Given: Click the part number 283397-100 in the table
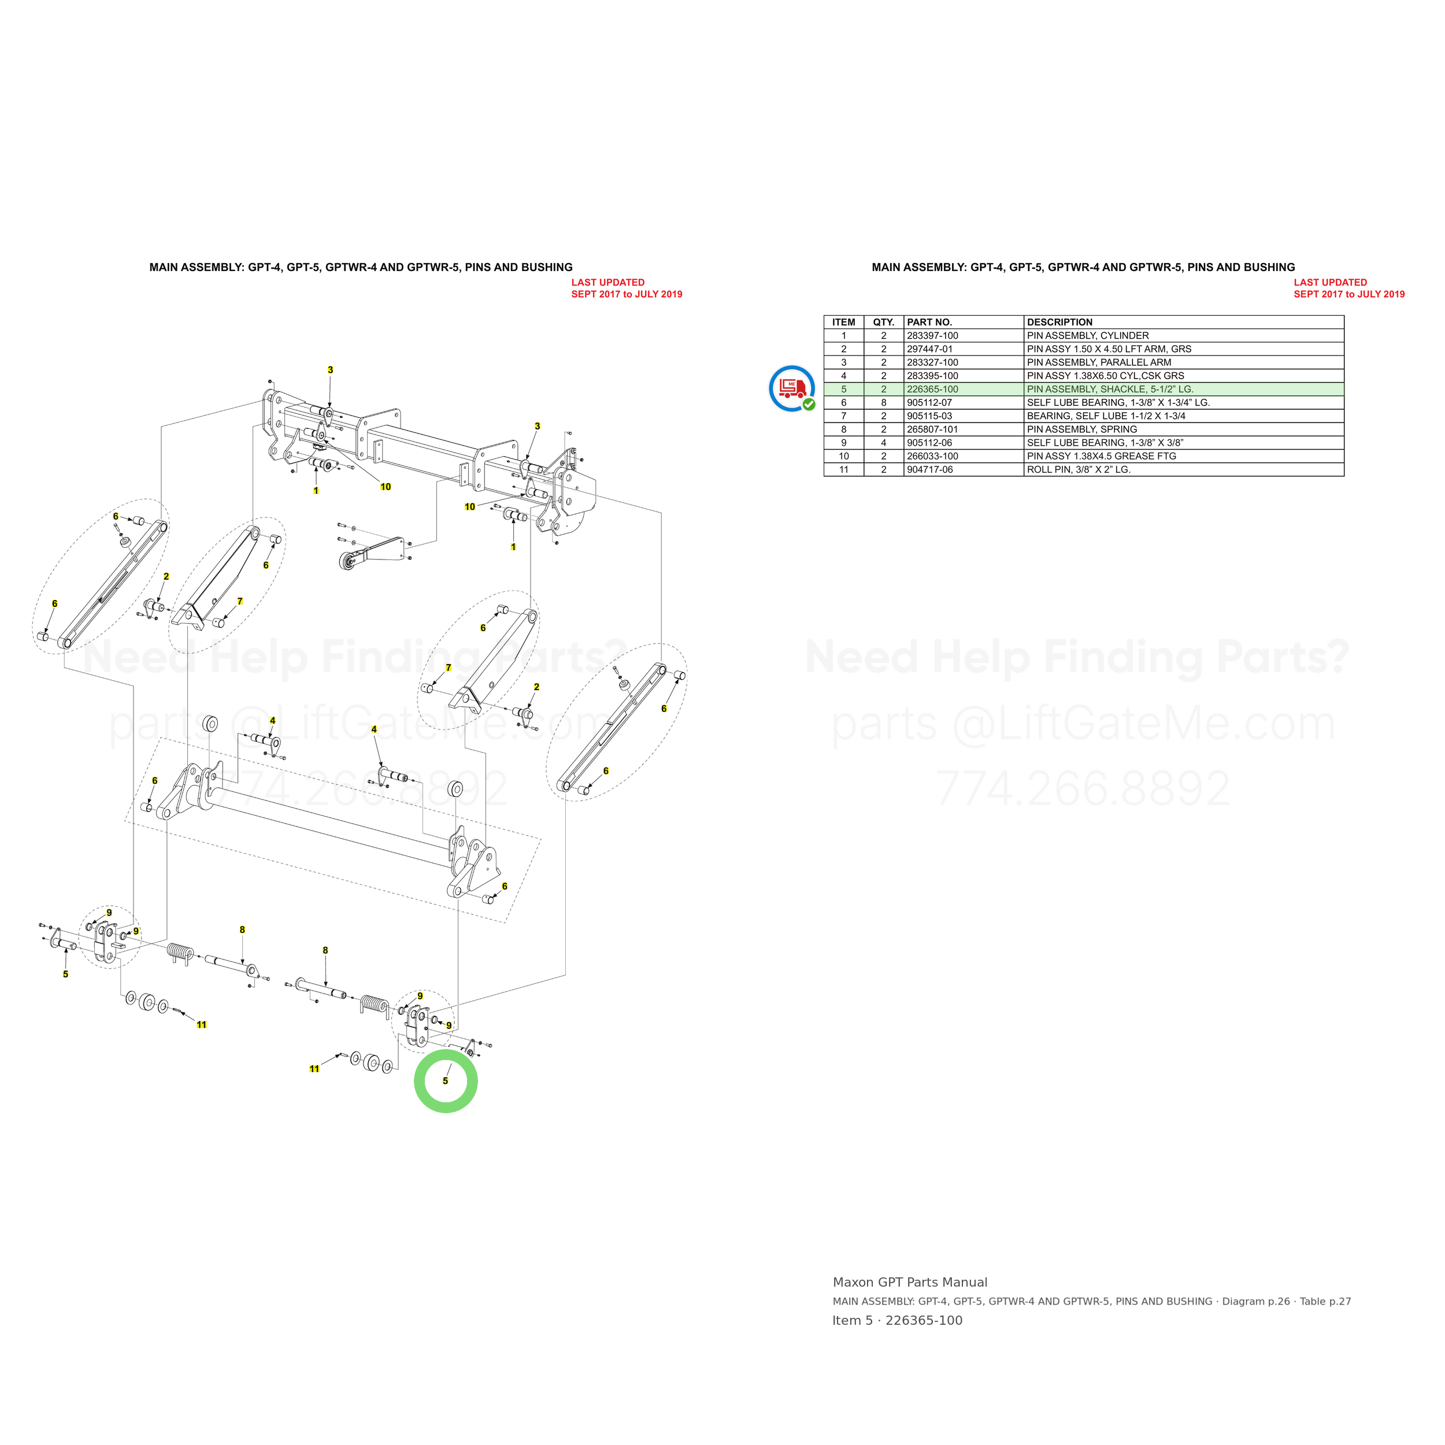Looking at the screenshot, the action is coord(932,336).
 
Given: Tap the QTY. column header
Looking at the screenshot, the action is coord(883,323).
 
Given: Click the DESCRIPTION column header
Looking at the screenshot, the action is coord(1059,323).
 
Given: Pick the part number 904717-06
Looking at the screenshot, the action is coord(929,470).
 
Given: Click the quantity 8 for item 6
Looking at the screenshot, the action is coord(883,402).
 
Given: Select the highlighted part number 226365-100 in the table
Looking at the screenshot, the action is coord(932,389).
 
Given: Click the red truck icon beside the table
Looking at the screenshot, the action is coord(791,387).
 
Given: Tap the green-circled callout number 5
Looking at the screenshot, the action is coord(445,1081).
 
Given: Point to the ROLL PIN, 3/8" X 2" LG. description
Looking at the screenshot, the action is coord(1079,470).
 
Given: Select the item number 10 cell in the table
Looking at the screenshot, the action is coord(844,456).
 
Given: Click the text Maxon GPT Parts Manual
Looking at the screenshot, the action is coord(909,1282).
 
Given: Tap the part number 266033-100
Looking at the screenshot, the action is coord(932,456).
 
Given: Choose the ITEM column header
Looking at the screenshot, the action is coord(844,323).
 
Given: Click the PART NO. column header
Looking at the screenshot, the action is coord(929,323).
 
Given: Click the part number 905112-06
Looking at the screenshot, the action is coord(929,443).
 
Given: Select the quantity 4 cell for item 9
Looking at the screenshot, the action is coord(883,443).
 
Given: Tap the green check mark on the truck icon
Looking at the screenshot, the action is coord(809,405).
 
